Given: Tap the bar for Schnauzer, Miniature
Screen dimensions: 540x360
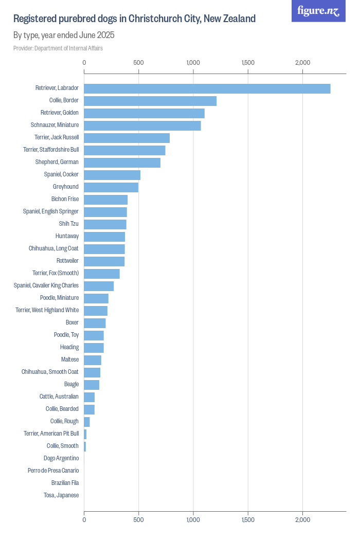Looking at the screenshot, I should click(x=142, y=125).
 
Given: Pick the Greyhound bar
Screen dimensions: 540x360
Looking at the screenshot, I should click(x=111, y=187).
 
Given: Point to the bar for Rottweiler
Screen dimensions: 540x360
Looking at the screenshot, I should click(x=104, y=261).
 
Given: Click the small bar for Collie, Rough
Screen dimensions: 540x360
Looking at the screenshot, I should click(x=87, y=422).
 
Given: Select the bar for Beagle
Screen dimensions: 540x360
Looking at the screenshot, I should click(x=92, y=385).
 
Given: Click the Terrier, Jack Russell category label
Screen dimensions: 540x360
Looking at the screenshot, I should click(x=54, y=138).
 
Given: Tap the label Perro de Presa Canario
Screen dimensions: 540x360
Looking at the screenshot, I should click(x=53, y=471).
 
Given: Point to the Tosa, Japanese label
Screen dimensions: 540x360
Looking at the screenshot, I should click(x=61, y=495).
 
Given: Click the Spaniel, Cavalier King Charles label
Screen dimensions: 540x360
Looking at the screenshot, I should click(x=46, y=286).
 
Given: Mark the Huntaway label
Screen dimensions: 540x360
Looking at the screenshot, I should click(x=67, y=237).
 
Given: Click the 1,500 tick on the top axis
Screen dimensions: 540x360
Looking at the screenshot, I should click(x=248, y=63).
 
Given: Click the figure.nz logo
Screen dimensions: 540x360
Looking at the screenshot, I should click(x=318, y=11).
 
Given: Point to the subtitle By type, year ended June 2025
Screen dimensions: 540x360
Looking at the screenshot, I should click(x=64, y=35).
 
